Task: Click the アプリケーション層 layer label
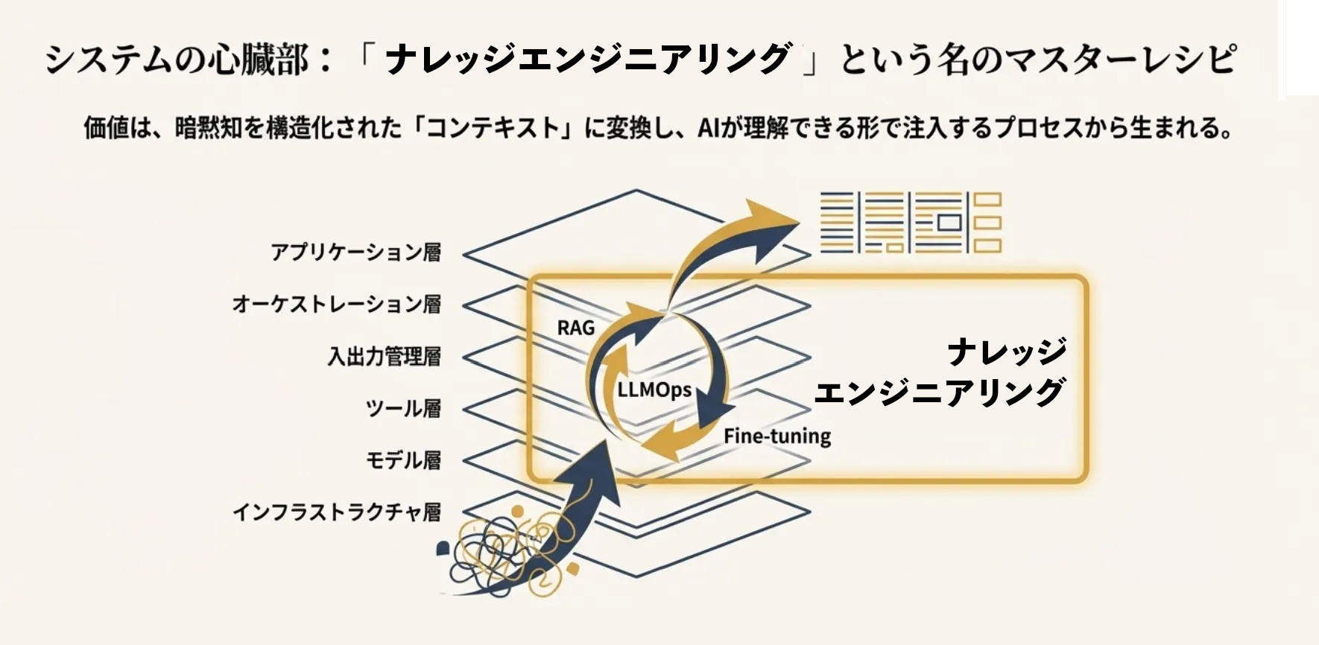tap(355, 252)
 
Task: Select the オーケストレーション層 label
tap(336, 305)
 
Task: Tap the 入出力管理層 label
tap(384, 357)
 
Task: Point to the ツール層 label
tap(403, 409)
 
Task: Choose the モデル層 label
tap(403, 460)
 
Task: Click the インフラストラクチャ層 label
tap(336, 512)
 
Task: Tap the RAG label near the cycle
tap(575, 328)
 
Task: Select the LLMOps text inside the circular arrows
tap(654, 390)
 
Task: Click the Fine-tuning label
tap(777, 436)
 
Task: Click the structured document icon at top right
tap(910, 222)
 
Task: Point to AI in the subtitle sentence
tap(707, 128)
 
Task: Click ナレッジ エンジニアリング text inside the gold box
tap(940, 372)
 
